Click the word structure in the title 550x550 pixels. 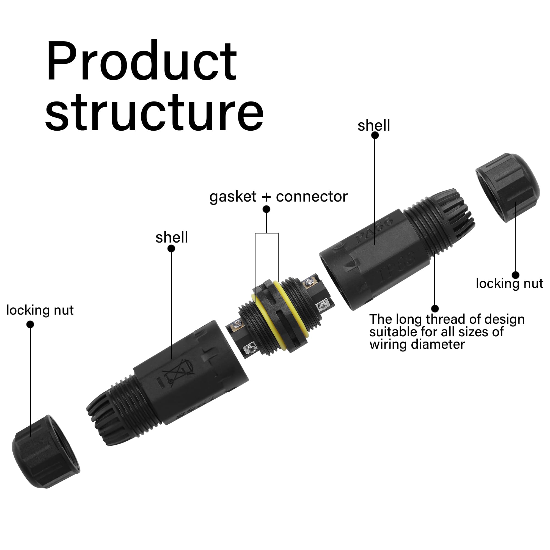coord(154,112)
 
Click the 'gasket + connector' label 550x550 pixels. coord(278,196)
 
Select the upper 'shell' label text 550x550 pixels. coord(373,126)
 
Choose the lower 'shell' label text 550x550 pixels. coord(172,237)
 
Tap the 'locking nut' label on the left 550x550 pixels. coord(40,310)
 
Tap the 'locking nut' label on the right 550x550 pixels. coord(509,284)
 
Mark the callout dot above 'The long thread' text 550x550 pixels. coord(435,308)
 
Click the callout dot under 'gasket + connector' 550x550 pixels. coord(266,209)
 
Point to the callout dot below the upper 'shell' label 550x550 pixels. coord(375,136)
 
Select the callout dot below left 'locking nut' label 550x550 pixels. coord(30,324)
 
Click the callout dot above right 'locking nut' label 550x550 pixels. coord(515,275)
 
